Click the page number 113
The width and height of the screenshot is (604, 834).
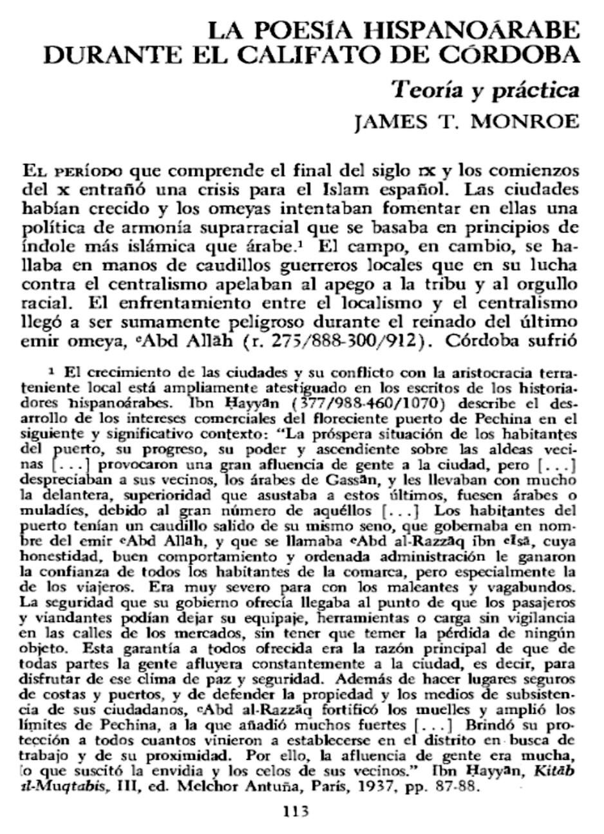click(296, 810)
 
